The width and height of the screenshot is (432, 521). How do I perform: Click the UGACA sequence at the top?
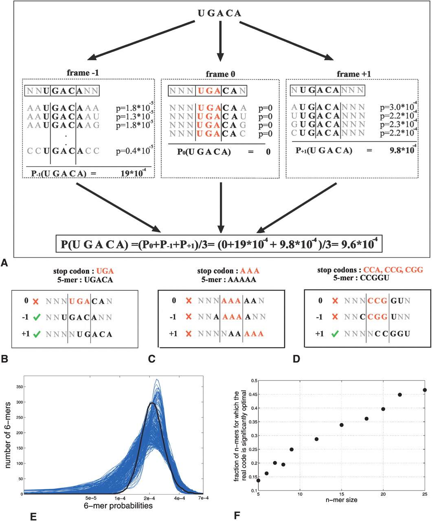219,13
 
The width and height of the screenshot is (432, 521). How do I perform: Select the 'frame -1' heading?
83,72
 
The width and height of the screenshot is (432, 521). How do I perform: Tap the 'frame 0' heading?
220,74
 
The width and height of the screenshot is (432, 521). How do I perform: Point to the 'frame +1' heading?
354,74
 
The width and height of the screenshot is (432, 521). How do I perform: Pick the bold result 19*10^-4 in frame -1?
133,173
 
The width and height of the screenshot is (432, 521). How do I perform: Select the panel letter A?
4,263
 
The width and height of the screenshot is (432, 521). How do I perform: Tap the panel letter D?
296,359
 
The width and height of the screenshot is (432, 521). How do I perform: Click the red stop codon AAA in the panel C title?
250,271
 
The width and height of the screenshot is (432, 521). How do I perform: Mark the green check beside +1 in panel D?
335,334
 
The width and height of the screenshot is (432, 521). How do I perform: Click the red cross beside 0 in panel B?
36,302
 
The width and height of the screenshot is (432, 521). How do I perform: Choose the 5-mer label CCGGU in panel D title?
374,278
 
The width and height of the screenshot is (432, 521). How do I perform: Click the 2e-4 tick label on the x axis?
149,498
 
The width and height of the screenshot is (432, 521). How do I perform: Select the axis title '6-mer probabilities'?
118,506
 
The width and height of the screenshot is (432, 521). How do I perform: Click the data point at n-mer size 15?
342,425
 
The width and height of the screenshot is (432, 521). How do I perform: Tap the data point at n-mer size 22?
400,395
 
